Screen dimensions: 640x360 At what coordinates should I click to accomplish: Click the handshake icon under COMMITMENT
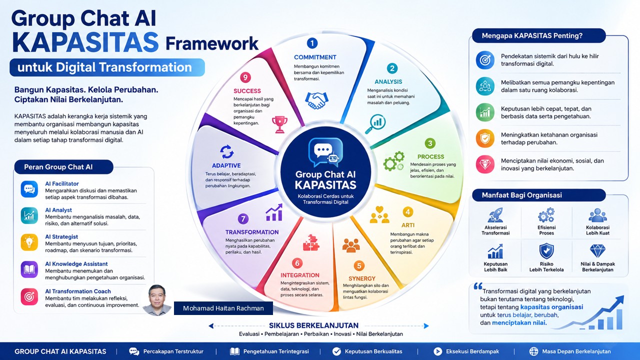point(316,100)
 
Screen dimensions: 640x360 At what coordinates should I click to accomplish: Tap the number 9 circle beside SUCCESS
point(245,77)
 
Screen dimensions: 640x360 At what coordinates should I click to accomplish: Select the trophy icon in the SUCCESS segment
point(279,124)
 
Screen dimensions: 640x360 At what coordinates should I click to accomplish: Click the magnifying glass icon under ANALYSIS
point(375,123)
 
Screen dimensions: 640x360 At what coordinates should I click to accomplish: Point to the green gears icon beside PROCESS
point(394,161)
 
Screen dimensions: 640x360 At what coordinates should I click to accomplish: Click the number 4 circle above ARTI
point(407,212)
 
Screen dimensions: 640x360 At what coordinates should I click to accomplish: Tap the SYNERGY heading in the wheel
point(361,278)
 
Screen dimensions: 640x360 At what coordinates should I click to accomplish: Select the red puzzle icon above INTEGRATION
point(311,242)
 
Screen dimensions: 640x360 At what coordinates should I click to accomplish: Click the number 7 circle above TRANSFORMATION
point(243,219)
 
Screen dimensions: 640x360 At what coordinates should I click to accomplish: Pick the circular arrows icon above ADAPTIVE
point(227,151)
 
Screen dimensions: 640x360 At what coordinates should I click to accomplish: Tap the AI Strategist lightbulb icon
point(29,242)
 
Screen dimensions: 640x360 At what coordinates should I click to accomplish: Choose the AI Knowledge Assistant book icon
point(29,269)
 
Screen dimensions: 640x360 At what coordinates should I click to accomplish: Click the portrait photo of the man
point(157,300)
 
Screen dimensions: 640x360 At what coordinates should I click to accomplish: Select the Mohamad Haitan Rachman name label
point(223,308)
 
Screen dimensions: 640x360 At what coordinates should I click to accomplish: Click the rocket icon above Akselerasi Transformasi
point(495,215)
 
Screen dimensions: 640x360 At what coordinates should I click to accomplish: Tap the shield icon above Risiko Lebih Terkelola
point(546,251)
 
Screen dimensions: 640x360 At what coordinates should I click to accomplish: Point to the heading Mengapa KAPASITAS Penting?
point(532,35)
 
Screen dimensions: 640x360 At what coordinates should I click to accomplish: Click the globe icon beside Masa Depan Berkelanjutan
point(533,351)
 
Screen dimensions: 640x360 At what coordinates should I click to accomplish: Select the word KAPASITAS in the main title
point(85,42)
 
